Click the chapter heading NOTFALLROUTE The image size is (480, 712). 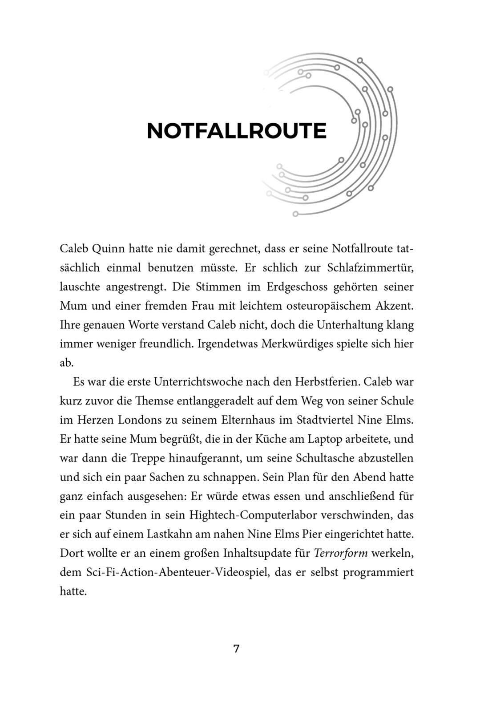(236, 131)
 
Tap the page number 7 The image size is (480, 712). (236, 648)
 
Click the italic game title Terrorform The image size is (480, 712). (340, 553)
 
